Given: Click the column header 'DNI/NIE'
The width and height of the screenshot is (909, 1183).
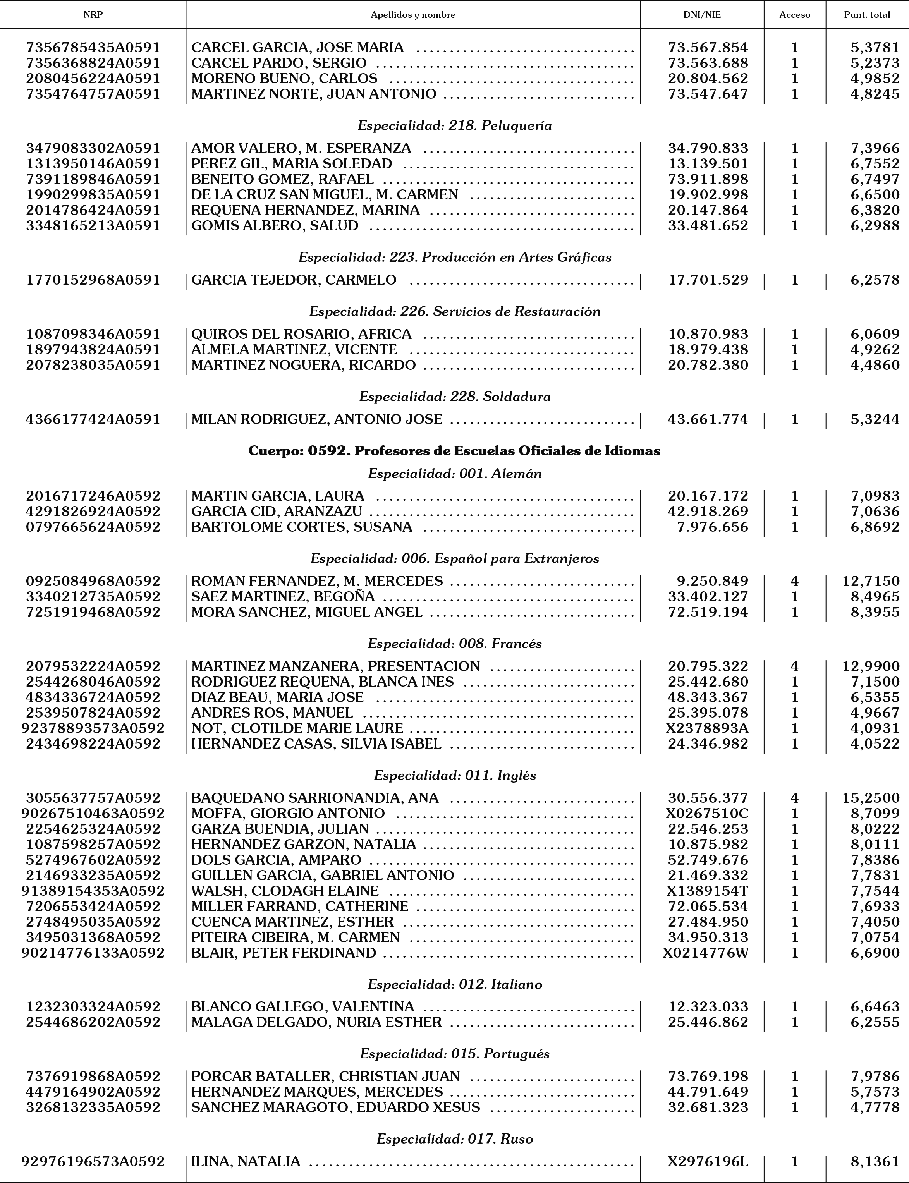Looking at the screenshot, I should (x=702, y=15).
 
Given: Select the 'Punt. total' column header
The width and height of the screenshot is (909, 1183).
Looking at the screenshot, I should (x=867, y=15).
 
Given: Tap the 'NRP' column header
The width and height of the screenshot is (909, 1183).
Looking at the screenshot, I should (x=93, y=15).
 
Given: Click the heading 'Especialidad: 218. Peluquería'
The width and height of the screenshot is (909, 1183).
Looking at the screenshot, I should (x=455, y=125).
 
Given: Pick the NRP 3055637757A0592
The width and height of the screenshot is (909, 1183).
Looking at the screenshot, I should (x=93, y=798).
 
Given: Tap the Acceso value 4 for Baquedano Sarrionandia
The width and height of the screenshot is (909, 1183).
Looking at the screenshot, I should (x=794, y=798).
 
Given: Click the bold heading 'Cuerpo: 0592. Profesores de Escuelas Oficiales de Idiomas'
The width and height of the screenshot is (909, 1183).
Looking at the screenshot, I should (x=455, y=451).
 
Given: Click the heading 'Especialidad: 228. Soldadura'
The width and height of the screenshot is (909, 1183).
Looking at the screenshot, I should (x=455, y=397).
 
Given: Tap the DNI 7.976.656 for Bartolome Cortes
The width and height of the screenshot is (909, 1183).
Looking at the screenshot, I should (x=713, y=527).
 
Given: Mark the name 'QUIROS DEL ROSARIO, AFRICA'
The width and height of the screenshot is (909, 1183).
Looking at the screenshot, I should (x=301, y=334).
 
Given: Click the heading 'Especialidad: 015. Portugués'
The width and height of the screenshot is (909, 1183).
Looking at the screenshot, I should (x=455, y=1054).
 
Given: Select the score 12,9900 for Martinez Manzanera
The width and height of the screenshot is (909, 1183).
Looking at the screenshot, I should (x=871, y=666).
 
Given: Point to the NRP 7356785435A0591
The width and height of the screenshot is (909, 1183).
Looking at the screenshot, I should (x=93, y=48).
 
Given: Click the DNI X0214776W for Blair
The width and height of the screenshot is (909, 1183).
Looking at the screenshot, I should (x=706, y=953).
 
